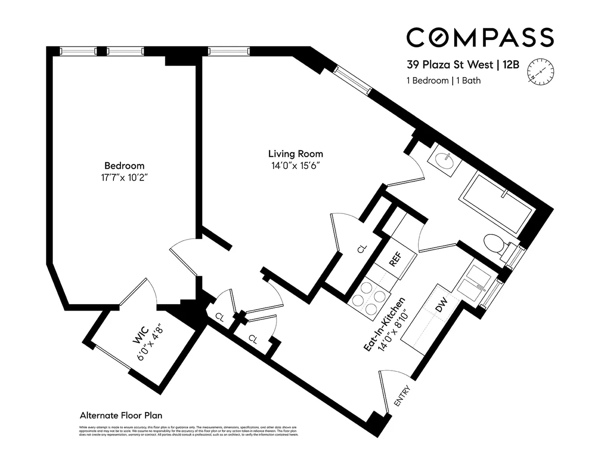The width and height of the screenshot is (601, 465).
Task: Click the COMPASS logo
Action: (x=480, y=37)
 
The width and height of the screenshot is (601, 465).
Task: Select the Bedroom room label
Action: (x=124, y=166)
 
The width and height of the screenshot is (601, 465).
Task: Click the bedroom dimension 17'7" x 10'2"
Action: (x=124, y=177)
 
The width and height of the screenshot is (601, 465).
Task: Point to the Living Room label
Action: (x=295, y=154)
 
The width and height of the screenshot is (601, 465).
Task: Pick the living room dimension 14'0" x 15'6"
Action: (x=295, y=166)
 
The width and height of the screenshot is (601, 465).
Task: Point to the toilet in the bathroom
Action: (x=494, y=244)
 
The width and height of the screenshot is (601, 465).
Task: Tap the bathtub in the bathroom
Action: (x=497, y=205)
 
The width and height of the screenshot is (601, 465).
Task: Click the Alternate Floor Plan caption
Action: (x=121, y=415)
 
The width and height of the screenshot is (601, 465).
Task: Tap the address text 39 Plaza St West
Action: (x=450, y=65)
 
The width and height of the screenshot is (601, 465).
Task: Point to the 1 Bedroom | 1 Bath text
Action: (x=443, y=80)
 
